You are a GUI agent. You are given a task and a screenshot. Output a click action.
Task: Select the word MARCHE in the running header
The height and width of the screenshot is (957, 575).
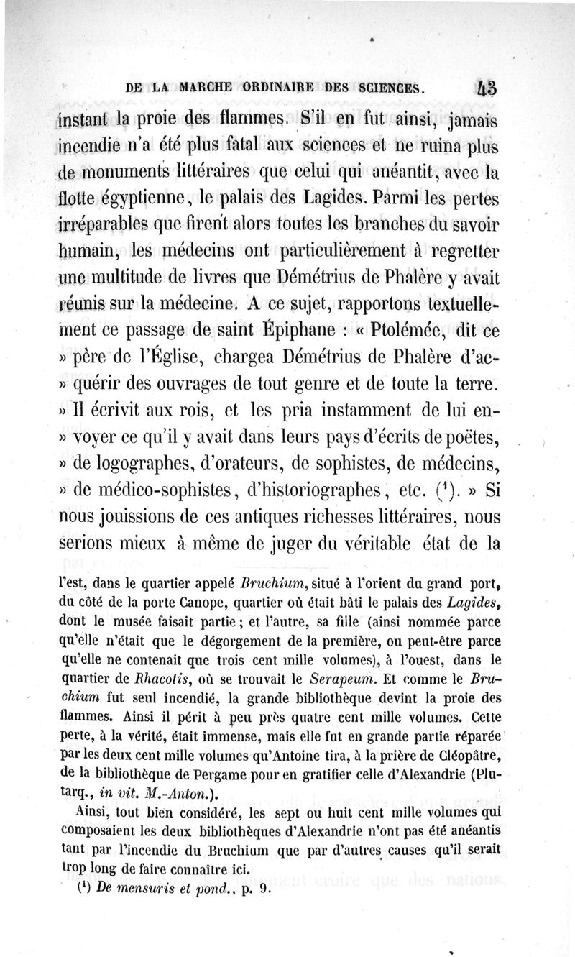point(207,89)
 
